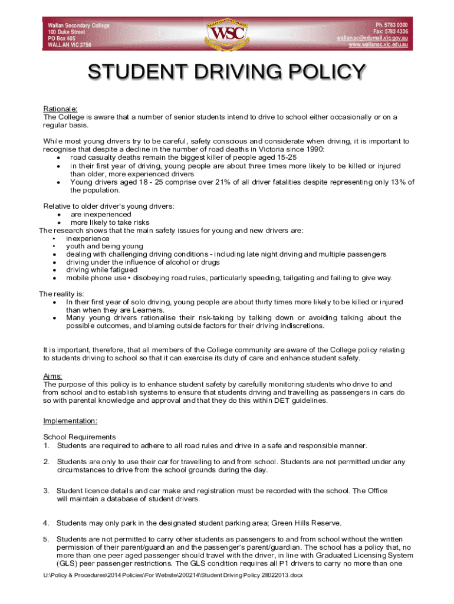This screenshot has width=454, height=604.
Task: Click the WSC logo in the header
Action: (x=226, y=32)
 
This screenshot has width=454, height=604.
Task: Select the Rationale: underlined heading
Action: (x=61, y=109)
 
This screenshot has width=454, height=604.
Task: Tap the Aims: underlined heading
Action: (x=53, y=376)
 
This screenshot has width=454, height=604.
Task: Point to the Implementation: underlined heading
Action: (x=70, y=421)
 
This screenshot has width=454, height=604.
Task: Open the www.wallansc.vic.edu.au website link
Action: (x=378, y=45)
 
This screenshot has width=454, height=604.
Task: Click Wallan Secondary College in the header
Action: (x=78, y=25)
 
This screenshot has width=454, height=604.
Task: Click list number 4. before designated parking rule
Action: (x=46, y=523)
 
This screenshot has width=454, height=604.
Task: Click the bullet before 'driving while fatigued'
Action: (x=54, y=270)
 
